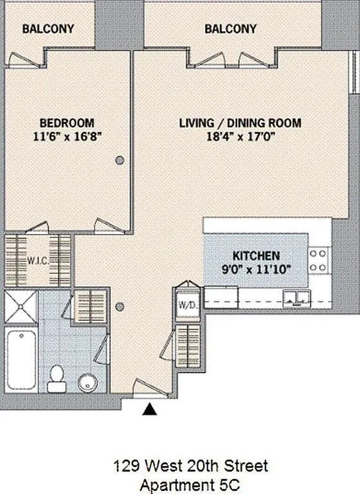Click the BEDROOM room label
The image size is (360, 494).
point(67,123)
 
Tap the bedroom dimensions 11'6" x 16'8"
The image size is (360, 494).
point(67,136)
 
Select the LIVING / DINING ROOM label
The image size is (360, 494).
point(240,123)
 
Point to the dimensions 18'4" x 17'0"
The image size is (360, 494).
point(240,136)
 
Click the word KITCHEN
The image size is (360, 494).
point(256,255)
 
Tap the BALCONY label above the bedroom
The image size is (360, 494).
point(48,29)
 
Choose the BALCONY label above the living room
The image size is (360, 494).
point(230,29)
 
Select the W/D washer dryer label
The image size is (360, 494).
point(187,304)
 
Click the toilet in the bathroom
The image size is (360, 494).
point(57,376)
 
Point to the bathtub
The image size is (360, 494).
point(21,360)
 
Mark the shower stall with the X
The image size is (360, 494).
point(21,306)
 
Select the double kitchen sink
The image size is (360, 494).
point(297,296)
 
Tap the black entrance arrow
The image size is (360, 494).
point(150,408)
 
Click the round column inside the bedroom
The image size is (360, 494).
point(120,161)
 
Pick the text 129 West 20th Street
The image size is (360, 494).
point(191,465)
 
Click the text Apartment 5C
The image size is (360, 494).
point(191,482)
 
